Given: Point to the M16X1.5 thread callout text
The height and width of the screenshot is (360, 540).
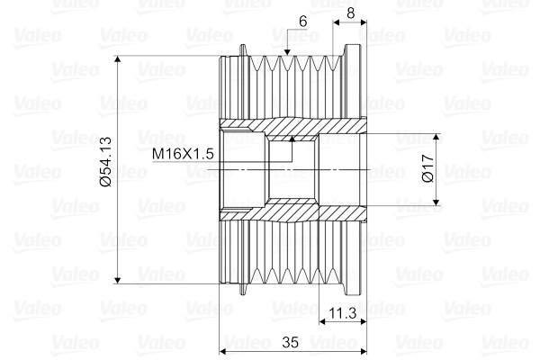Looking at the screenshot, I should point(182,154).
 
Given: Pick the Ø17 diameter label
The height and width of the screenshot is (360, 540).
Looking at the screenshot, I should point(427,170).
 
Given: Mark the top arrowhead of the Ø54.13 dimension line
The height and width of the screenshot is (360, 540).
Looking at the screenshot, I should point(119,62).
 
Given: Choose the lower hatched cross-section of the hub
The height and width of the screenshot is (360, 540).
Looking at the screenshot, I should point(288,213).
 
